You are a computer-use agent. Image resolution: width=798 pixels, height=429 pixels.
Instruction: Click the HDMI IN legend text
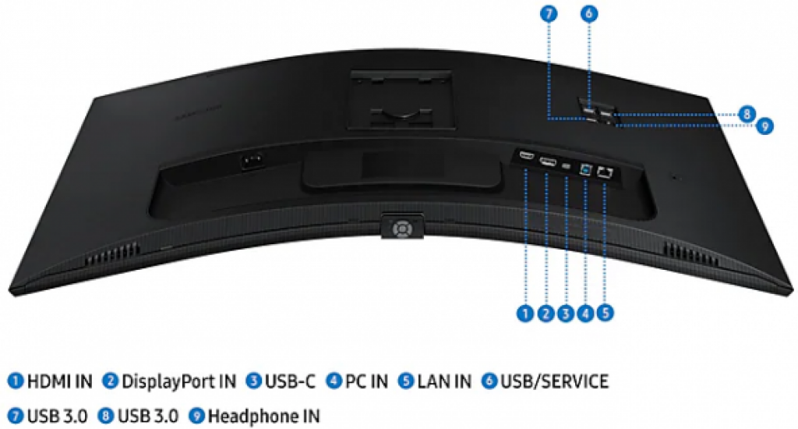[x=59, y=381]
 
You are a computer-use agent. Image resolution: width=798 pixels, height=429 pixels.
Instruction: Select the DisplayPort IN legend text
[x=178, y=381]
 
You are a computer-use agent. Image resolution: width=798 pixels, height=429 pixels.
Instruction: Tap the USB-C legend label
[x=290, y=381]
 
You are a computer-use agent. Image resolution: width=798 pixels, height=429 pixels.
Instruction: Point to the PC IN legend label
[x=366, y=381]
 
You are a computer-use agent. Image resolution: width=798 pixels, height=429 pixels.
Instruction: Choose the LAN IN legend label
[x=444, y=381]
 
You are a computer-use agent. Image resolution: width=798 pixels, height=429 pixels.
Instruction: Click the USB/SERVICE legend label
[x=555, y=381]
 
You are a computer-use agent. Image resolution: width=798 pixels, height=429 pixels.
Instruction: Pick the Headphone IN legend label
[x=264, y=417]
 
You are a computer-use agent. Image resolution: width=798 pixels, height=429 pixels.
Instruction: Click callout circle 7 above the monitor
[x=549, y=14]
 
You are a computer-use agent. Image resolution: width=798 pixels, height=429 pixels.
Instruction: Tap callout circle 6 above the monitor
[x=589, y=14]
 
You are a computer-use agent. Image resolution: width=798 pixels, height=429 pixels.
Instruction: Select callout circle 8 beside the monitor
[x=747, y=114]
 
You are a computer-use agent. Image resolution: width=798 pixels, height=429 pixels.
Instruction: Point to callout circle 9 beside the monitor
[x=764, y=126]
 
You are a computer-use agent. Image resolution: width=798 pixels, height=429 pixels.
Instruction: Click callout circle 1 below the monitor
[x=525, y=313]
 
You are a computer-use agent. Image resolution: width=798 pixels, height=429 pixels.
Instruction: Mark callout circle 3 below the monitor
[x=566, y=313]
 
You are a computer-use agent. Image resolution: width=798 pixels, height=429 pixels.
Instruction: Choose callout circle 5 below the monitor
[x=605, y=313]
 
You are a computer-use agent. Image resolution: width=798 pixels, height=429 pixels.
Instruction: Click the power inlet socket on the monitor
[x=252, y=161]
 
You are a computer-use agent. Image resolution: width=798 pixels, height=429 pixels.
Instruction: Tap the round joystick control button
[x=402, y=229]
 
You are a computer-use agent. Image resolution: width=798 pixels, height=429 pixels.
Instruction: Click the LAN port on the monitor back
[x=605, y=172]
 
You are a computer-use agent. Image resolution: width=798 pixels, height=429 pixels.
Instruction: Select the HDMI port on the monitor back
[x=526, y=154]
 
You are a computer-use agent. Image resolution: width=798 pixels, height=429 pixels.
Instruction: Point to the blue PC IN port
[x=586, y=169]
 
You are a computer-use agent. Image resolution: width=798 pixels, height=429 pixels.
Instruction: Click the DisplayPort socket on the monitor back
[x=547, y=162]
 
